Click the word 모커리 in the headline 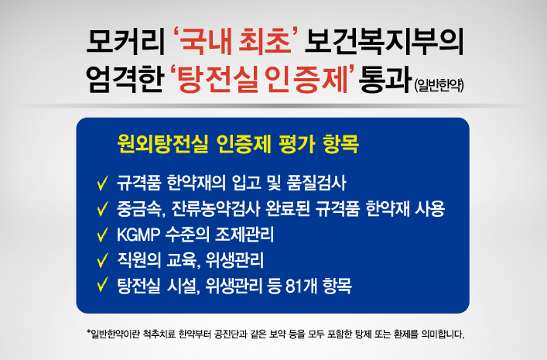(125, 43)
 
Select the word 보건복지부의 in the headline (385, 43)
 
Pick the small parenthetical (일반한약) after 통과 (439, 85)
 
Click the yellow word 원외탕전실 (162, 143)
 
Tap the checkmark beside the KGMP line (103, 235)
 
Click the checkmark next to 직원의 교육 (103, 260)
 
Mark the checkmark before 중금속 (103, 208)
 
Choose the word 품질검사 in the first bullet (316, 183)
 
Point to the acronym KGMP (138, 235)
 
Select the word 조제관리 (244, 235)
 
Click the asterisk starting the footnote (89, 331)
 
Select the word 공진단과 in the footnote (231, 334)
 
